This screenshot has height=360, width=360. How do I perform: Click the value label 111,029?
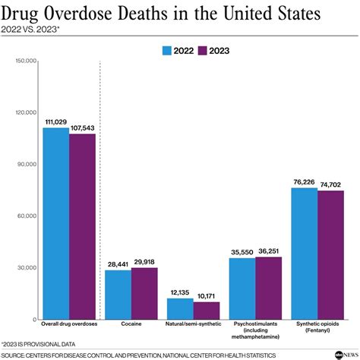pos(55,122)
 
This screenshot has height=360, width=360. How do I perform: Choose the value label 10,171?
pos(208,296)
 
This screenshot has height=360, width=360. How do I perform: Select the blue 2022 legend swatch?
pos(169,51)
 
